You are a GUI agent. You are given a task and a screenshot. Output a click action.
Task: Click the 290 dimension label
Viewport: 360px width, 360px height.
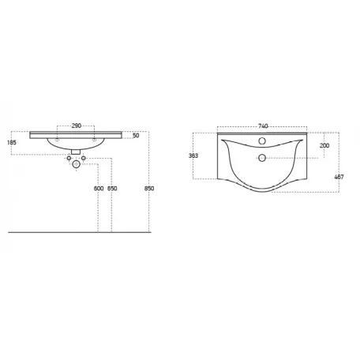coord(77,126)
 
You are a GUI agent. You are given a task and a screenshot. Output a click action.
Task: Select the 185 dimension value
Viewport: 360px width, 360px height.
coord(12,143)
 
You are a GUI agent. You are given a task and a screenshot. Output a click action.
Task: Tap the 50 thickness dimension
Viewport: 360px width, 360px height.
coord(136,136)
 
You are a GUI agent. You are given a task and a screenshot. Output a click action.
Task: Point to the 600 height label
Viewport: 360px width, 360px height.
coord(99,189)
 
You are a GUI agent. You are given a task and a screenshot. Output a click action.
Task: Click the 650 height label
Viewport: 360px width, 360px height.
coord(112,189)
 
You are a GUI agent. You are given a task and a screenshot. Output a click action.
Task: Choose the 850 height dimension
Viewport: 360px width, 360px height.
coord(149,189)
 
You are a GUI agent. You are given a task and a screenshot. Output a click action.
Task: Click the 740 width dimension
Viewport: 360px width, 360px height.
coord(263,126)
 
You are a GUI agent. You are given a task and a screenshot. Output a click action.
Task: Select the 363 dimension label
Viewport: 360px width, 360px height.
coord(193,156)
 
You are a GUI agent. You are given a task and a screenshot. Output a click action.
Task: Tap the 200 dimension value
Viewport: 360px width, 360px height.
coord(324,145)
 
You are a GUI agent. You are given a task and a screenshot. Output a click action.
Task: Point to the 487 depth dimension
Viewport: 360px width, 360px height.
coord(339,177)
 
